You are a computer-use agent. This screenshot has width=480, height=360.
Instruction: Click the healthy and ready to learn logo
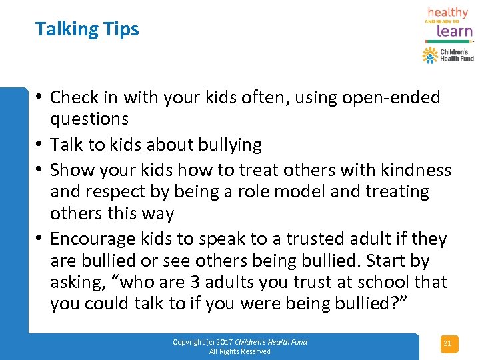[x=448, y=22]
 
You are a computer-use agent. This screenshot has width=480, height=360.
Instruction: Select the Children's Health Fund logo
[x=448, y=55]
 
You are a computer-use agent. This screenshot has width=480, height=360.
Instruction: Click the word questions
[x=89, y=119]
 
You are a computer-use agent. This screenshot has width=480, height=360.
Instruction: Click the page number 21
[x=447, y=344]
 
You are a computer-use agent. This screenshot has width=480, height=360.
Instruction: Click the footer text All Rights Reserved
[x=240, y=351]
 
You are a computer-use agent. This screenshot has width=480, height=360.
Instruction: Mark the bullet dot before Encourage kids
[x=41, y=238]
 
